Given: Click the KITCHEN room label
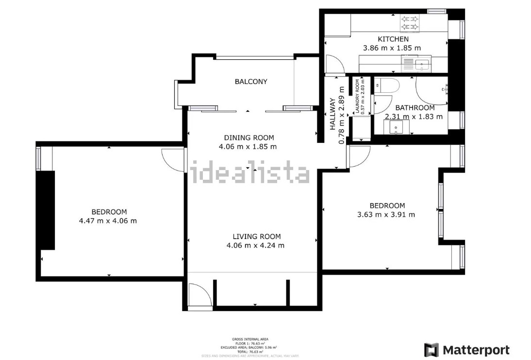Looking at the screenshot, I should (393, 39).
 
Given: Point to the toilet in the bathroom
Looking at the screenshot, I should (389, 86).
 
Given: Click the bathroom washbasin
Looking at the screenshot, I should (396, 127).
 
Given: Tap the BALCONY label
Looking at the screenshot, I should (251, 82).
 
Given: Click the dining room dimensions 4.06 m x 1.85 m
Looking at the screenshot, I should (248, 146).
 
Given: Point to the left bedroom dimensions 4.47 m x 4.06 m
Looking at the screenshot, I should (108, 221).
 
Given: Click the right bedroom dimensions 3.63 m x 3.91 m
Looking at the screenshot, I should (386, 214).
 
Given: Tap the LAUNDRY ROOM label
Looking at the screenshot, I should (358, 97).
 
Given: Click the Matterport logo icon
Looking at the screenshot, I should (431, 350).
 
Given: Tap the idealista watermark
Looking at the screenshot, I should (250, 173).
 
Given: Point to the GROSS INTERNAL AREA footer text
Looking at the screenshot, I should (250, 339).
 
